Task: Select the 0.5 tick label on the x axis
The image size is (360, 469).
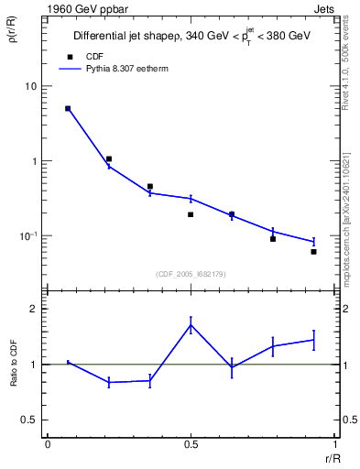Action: tap(191, 444)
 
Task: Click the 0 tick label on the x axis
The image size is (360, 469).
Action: tap(47, 444)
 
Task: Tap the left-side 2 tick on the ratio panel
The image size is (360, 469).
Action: tap(37, 309)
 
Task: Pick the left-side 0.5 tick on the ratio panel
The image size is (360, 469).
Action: tap(32, 420)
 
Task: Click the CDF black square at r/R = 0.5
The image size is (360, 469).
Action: tap(191, 214)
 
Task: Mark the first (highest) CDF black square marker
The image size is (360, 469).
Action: tap(68, 108)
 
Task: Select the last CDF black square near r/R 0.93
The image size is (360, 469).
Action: tap(313, 251)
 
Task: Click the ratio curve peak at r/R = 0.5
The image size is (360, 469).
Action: tap(191, 324)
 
